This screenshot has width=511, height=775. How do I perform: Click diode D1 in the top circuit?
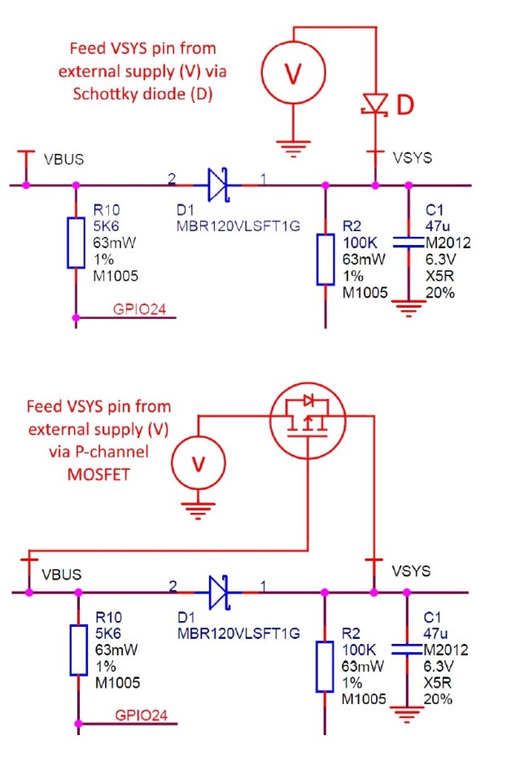click(217, 185)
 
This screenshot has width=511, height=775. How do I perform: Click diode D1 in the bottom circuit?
click(217, 592)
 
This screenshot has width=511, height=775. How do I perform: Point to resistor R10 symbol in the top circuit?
click(76, 242)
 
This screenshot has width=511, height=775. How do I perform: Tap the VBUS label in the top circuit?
click(63, 159)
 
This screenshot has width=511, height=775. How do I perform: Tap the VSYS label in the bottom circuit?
click(412, 571)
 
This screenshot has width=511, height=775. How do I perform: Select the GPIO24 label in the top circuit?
click(138, 309)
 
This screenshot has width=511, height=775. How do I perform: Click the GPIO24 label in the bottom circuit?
click(138, 716)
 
